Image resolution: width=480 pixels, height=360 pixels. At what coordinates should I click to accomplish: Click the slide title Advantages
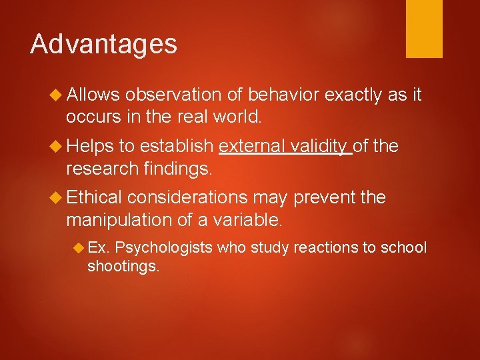pyautogui.click(x=103, y=44)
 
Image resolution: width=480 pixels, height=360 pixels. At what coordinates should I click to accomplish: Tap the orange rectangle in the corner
pyautogui.click(x=424, y=28)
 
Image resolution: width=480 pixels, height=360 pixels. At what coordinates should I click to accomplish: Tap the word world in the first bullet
pyautogui.click(x=237, y=117)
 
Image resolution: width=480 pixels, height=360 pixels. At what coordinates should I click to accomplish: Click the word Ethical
pyautogui.click(x=93, y=197)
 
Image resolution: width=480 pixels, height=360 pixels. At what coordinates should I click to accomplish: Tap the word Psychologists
pyautogui.click(x=163, y=248)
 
